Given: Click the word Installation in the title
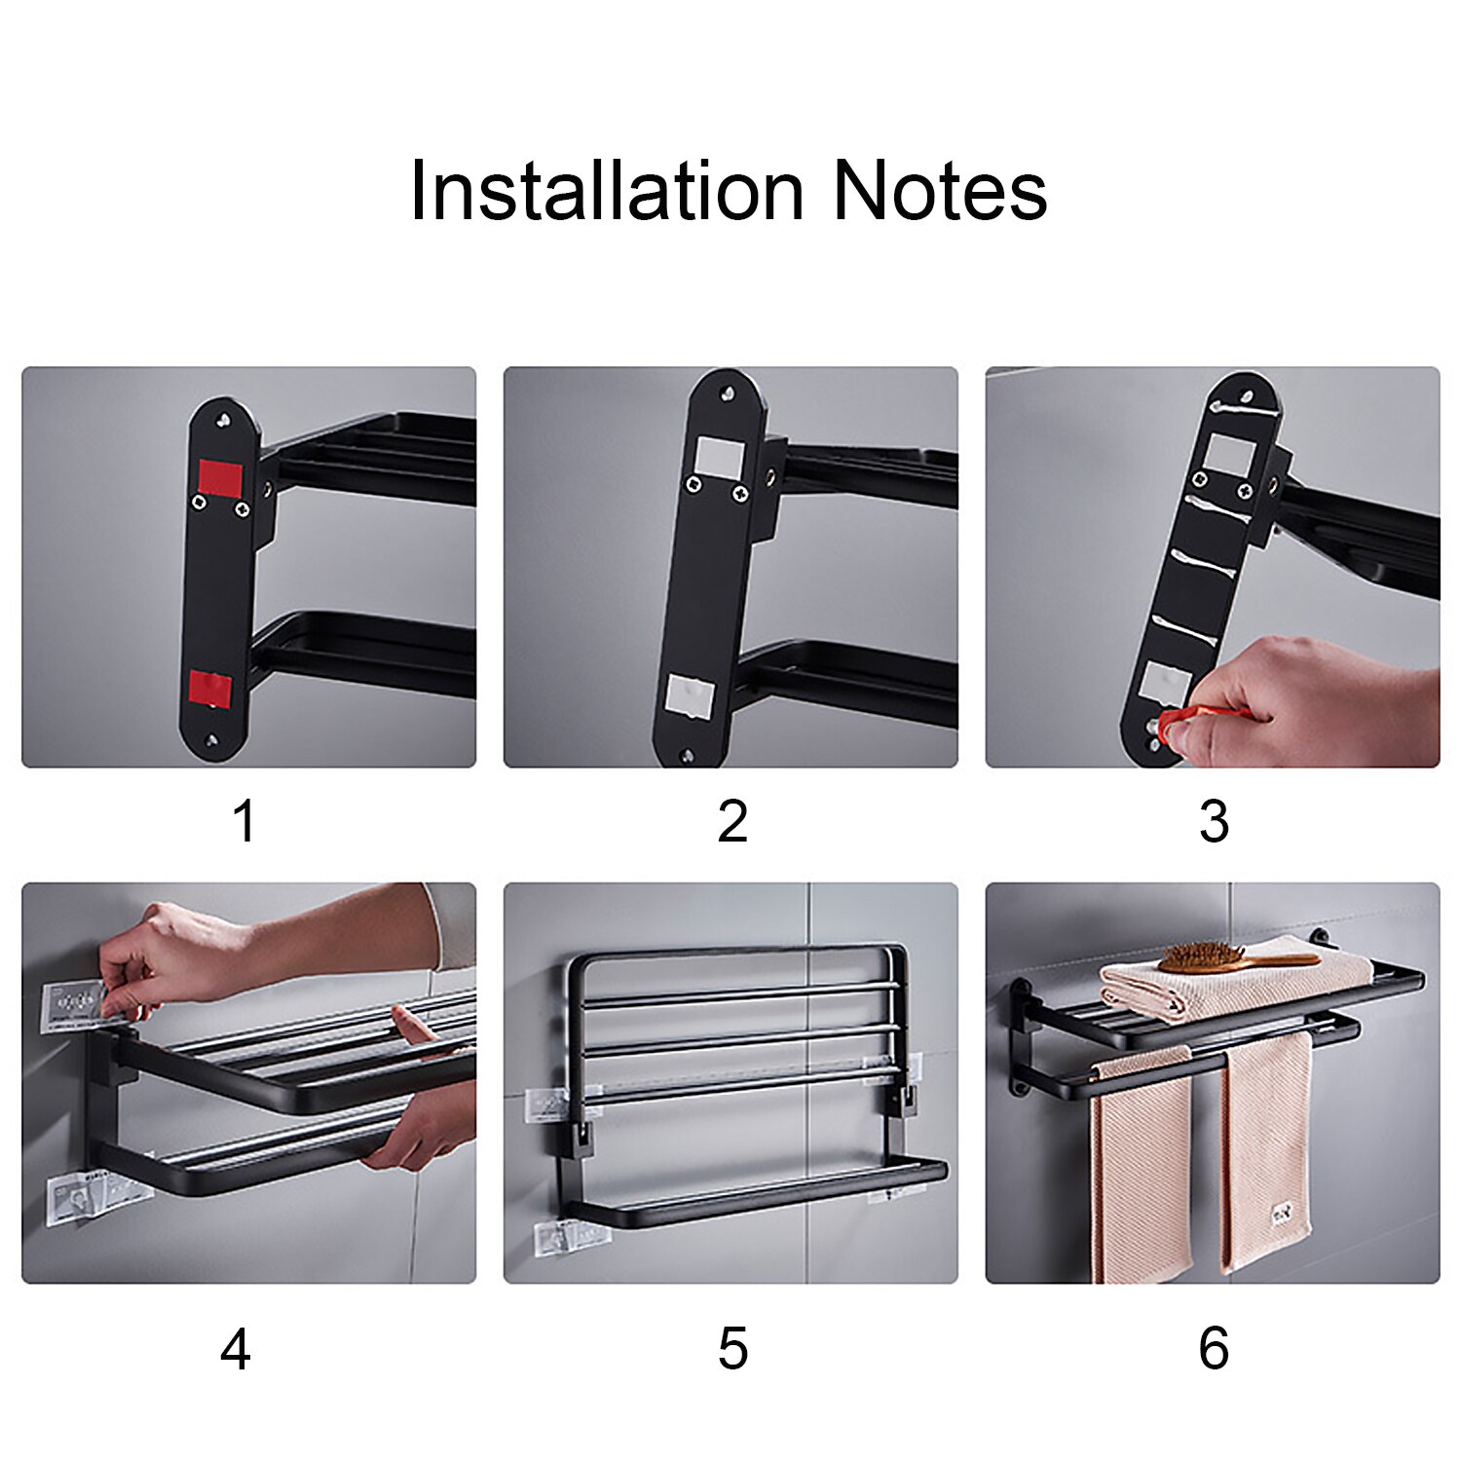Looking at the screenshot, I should pos(606,191).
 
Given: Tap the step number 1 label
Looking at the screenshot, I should pos(243,821).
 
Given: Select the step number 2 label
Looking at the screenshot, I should pos(732,821).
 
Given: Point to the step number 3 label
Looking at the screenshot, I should pos(1214,821).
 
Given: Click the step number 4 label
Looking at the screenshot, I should pos(236,1350).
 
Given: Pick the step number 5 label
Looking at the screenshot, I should pos(732,1350).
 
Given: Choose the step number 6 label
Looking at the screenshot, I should pos(1214,1350).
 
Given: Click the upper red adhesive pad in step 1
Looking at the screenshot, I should pos(220,477).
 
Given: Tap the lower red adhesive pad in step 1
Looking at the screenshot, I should pos(210,688).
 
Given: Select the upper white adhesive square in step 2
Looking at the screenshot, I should pos(720,456).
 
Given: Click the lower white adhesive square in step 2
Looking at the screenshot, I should pos(690,697).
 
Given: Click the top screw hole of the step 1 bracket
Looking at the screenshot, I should pos(226,421).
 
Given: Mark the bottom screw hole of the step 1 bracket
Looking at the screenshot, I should pos(211,741).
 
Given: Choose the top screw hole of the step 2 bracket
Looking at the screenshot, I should pos(727,393).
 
